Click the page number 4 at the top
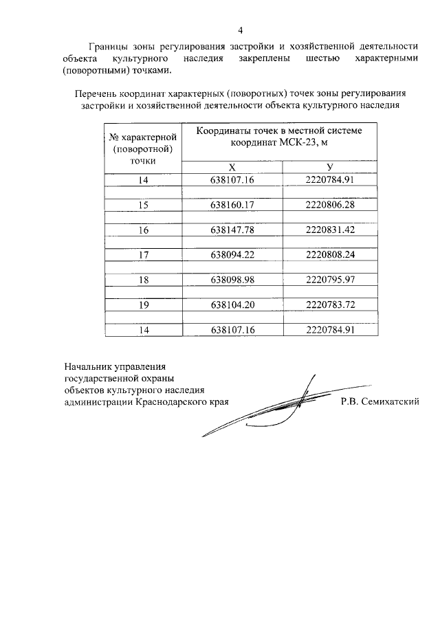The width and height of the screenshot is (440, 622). pyautogui.click(x=241, y=30)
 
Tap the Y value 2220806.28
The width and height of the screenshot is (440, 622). pyautogui.click(x=329, y=205)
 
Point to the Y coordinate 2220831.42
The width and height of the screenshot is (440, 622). pyautogui.click(x=329, y=230)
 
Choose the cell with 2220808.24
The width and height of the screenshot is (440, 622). pyautogui.click(x=329, y=254)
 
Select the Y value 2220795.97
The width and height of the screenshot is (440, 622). pyautogui.click(x=329, y=280)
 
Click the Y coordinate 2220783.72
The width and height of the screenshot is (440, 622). pyautogui.click(x=329, y=304)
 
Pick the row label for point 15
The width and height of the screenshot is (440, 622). pyautogui.click(x=143, y=205)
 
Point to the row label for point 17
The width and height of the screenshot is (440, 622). pyautogui.click(x=143, y=254)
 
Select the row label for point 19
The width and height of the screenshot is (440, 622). pyautogui.click(x=143, y=304)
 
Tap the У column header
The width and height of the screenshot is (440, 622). pyautogui.click(x=330, y=167)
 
